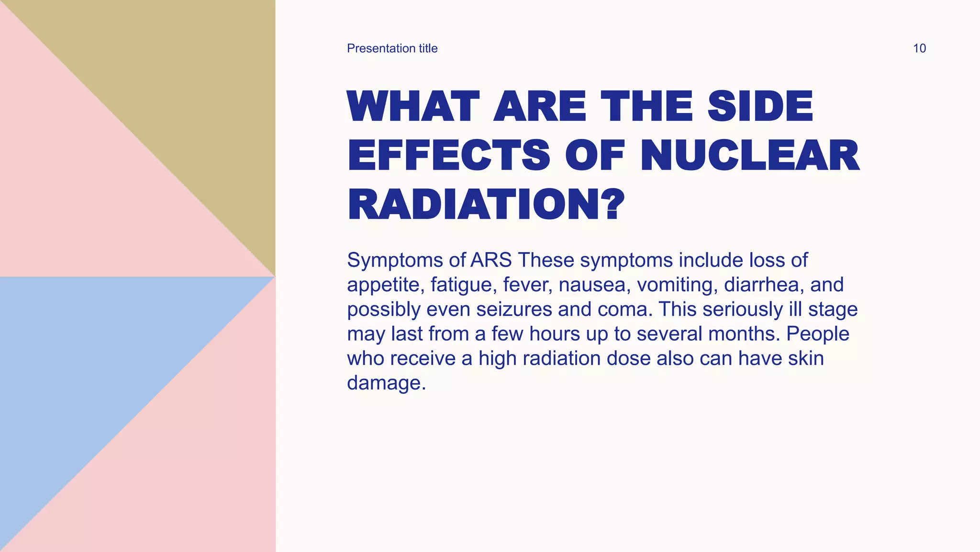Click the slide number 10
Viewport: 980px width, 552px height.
(x=919, y=48)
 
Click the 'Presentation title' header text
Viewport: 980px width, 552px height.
(x=392, y=48)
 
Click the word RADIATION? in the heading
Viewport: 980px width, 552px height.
(x=486, y=205)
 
